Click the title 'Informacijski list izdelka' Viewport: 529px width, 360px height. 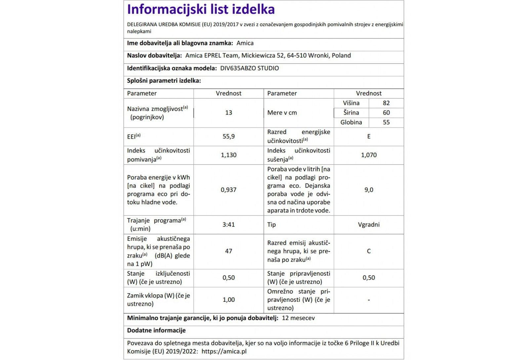coord(201,10)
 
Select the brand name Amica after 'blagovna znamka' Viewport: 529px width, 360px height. coord(245,43)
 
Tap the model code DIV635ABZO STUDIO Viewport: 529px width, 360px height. coord(249,68)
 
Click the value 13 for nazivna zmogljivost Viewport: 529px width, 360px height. coord(228,112)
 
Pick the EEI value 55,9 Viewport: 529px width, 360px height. coord(228,136)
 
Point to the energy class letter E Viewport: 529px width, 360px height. coord(369,136)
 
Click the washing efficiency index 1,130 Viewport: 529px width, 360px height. coord(228,155)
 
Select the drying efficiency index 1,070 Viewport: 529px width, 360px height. coord(369,155)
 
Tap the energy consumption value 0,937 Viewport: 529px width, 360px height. coord(228,190)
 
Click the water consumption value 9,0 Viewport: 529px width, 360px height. coord(369,190)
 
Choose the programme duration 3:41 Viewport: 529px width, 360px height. coord(228,224)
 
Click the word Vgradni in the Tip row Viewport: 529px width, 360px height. coord(369,224)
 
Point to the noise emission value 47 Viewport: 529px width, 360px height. coord(228,251)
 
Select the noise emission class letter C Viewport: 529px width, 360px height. coord(369,251)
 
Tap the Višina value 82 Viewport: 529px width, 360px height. coord(386,103)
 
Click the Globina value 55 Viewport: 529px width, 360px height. coord(386,122)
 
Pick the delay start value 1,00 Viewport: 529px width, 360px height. coord(228,299)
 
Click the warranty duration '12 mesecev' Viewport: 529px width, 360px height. coord(298,318)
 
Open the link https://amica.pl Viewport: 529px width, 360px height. coord(224,351)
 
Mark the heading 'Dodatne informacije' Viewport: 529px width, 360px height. coord(156,330)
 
